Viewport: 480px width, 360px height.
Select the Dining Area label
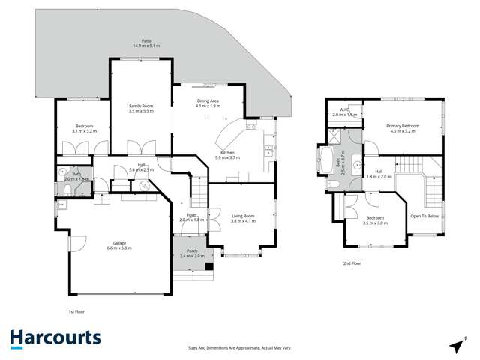coord(208,100)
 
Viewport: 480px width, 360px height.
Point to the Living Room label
coord(242,216)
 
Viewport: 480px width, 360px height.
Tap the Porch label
coord(192,250)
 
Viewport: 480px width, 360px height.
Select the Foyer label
coord(192,215)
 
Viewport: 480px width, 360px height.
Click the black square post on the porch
coord(209,265)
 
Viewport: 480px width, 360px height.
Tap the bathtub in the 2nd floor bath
coord(328,160)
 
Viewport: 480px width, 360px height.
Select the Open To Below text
coord(424,216)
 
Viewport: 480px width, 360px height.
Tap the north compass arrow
coord(456,344)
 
